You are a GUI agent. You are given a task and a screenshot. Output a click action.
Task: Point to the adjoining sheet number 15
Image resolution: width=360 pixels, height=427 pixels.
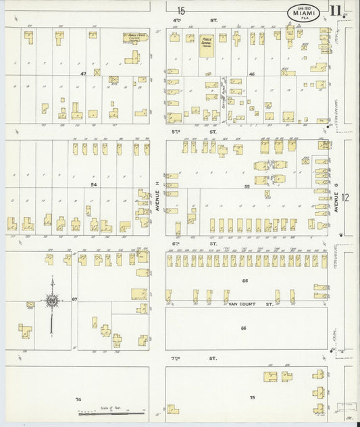[x=181, y=9]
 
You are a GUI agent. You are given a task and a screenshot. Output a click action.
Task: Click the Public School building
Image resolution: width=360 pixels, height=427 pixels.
[x=207, y=43]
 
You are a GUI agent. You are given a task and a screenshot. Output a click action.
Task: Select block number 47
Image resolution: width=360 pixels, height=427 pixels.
[x=84, y=73]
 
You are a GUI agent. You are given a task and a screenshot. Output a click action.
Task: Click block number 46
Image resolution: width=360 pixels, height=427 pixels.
[x=251, y=73]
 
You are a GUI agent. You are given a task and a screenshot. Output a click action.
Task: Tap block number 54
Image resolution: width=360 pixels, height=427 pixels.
[x=94, y=184]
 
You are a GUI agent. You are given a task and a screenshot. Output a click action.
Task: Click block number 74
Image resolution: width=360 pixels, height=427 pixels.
[x=78, y=400]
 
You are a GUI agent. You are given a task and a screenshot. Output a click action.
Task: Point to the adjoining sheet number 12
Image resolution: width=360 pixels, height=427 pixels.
[x=346, y=197]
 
